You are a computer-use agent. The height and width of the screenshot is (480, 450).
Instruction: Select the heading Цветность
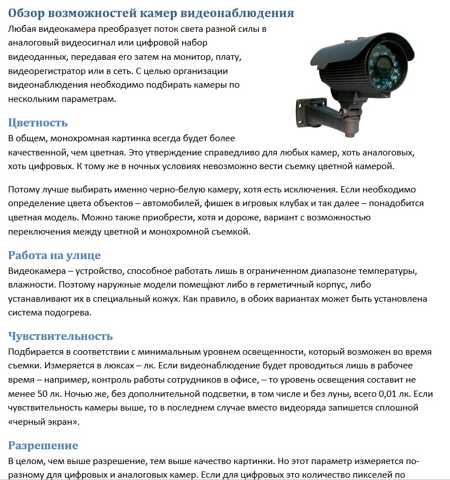pyautogui.click(x=38, y=122)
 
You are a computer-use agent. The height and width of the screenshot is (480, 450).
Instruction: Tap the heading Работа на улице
pyautogui.click(x=54, y=255)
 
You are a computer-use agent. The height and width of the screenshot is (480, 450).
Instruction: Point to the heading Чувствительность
pyautogui.click(x=60, y=336)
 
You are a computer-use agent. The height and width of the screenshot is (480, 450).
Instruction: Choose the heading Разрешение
pyautogui.click(x=43, y=445)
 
